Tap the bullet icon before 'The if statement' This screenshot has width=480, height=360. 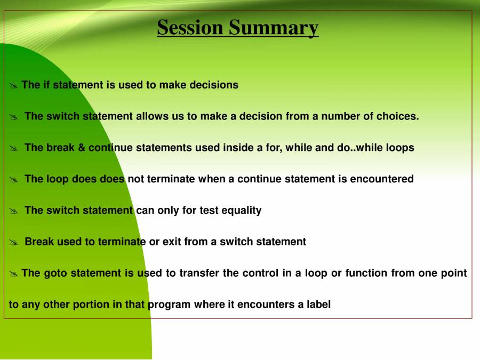click(x=14, y=86)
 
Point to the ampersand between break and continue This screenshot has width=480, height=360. click(x=82, y=148)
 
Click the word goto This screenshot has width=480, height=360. click(x=55, y=274)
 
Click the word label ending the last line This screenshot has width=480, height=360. click(x=318, y=305)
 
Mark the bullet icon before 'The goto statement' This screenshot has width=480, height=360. click(x=14, y=274)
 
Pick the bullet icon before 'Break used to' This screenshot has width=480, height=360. click(x=14, y=243)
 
